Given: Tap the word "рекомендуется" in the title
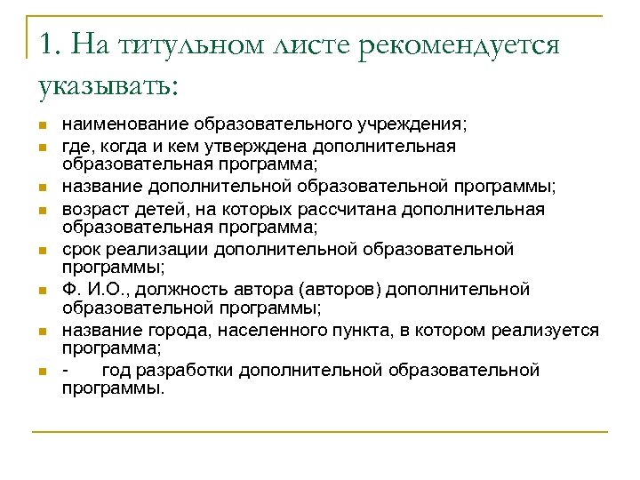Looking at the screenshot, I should [x=459, y=45].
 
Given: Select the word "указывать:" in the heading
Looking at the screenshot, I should [x=108, y=86].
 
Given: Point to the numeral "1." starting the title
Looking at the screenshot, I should [x=52, y=44].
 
